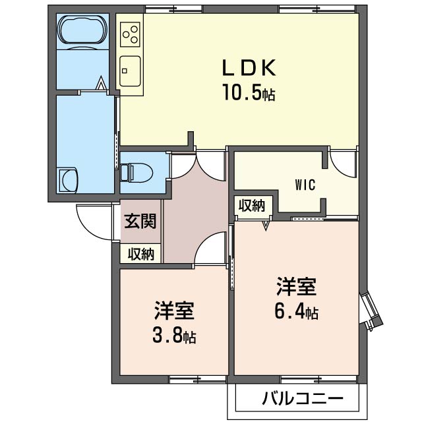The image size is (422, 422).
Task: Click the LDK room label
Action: point(249,67)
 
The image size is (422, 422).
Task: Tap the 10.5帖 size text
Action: point(249,92)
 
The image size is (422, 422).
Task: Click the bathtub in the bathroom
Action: point(82,30)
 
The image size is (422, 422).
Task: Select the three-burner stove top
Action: point(131,34)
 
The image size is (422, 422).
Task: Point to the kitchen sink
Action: point(130,71)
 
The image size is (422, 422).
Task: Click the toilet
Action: point(136,172)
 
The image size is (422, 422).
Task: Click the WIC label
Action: point(305,185)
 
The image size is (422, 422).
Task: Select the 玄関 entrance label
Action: point(140,222)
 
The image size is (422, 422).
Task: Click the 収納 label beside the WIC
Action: point(252,206)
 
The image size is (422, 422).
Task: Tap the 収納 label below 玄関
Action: point(140,253)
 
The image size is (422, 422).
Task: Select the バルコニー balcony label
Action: point(303,398)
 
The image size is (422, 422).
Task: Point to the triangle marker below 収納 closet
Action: point(266,226)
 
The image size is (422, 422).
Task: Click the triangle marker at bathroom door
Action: point(101,83)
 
